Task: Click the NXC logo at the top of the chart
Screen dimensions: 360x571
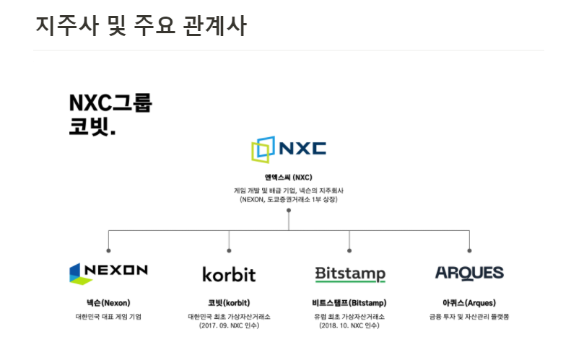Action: tap(288, 149)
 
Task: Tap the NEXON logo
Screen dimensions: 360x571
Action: tap(108, 271)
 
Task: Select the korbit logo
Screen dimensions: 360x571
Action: tap(229, 274)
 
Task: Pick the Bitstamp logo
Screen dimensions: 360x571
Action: tap(350, 274)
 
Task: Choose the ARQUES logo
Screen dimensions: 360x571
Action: tap(469, 273)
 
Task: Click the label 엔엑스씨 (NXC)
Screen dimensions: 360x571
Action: tap(288, 176)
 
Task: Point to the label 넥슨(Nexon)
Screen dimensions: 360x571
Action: tap(108, 303)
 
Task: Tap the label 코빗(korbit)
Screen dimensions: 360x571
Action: tap(229, 303)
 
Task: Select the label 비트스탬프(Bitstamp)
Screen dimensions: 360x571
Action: tap(349, 303)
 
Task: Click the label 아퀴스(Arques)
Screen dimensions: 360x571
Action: tap(469, 303)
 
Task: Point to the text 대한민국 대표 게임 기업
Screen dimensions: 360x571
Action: tap(108, 316)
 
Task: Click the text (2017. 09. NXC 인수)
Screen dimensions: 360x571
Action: tap(229, 325)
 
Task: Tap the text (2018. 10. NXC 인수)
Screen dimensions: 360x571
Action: tap(349, 325)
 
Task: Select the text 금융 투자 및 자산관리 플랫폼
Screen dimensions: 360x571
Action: tap(469, 316)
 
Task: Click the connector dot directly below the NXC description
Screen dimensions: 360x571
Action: tap(288, 211)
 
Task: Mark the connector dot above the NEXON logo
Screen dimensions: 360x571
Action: tap(108, 250)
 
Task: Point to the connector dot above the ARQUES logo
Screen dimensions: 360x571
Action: tap(469, 250)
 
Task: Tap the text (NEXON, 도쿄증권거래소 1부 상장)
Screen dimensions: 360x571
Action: tap(288, 198)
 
